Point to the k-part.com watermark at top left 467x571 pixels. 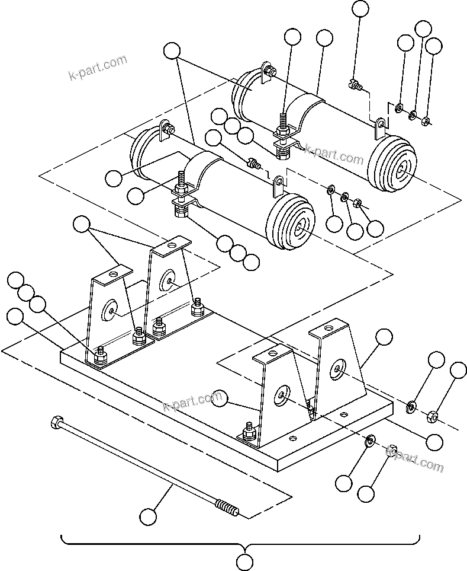tap(97, 68)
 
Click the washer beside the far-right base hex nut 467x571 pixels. tap(410, 407)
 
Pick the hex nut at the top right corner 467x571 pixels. tap(426, 123)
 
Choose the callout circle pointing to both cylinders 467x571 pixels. tap(172, 51)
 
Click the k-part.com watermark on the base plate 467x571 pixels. tap(192, 403)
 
